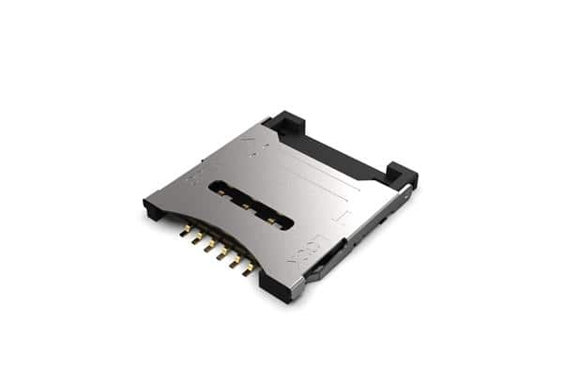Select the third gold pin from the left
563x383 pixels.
(x=211, y=246)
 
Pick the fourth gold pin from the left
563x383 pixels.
(x=223, y=254)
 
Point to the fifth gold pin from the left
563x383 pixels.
(x=236, y=263)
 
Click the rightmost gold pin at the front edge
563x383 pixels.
(x=249, y=271)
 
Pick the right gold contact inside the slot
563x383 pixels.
(x=271, y=221)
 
